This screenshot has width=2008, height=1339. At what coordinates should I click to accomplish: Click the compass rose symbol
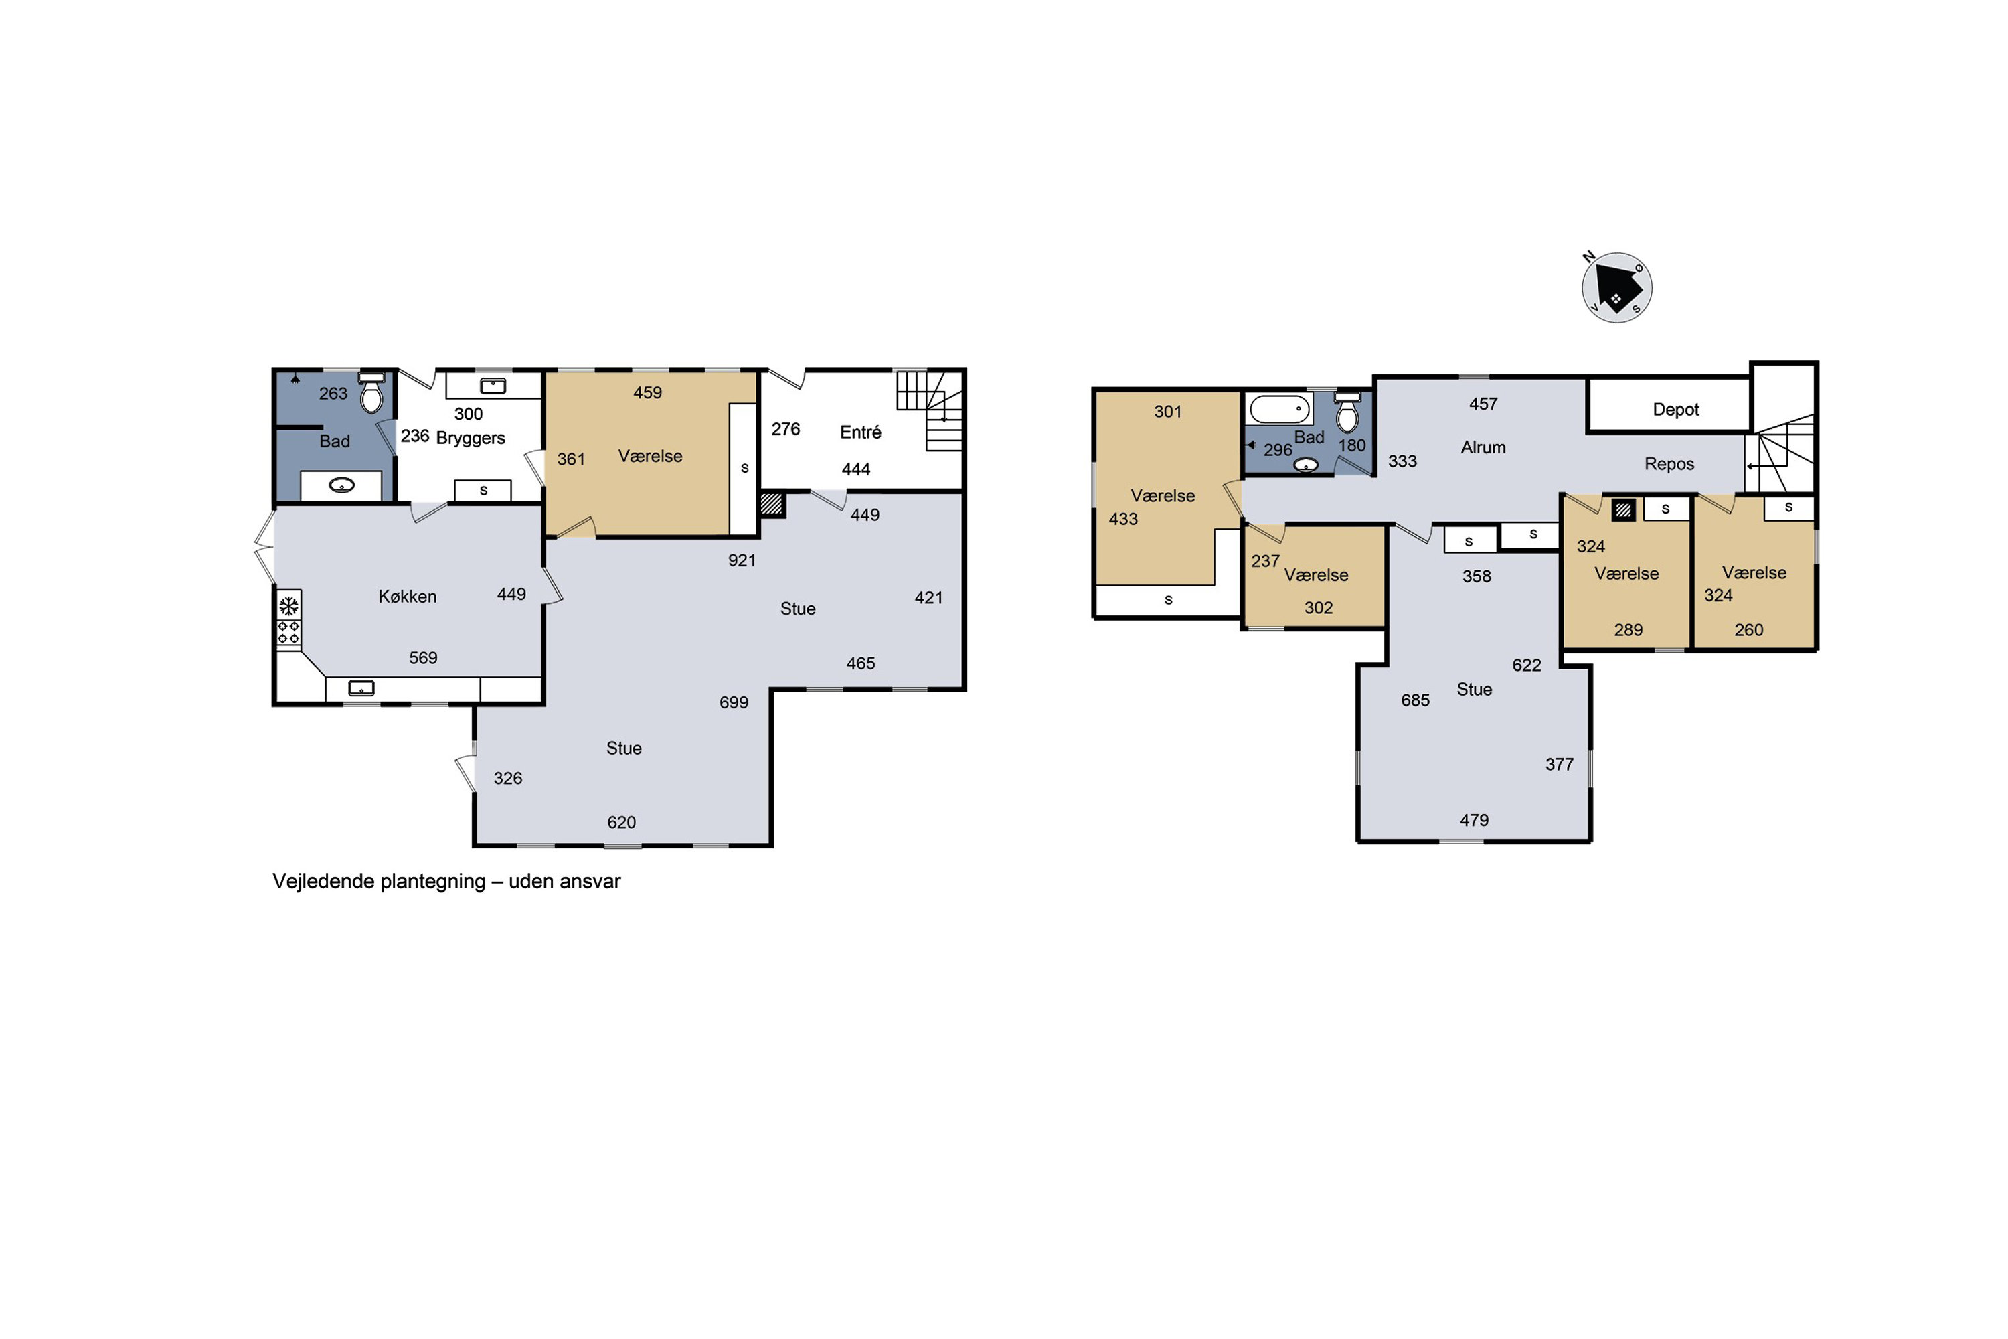(x=1616, y=288)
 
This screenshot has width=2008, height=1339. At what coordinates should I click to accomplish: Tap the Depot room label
(x=1675, y=410)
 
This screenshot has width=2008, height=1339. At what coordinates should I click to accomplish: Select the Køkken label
(x=407, y=596)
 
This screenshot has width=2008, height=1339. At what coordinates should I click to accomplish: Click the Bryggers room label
(x=471, y=438)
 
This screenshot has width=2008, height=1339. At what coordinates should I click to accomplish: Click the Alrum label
(x=1483, y=447)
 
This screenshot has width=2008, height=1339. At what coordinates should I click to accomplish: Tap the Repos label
(x=1669, y=464)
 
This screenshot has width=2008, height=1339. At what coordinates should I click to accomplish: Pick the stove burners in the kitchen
(x=288, y=633)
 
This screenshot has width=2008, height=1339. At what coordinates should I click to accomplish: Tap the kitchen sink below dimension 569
(x=361, y=688)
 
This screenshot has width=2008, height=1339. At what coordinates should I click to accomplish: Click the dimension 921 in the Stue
(x=742, y=561)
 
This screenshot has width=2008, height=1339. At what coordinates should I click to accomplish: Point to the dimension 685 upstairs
(x=1415, y=700)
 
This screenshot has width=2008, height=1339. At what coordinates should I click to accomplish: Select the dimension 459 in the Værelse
(x=647, y=393)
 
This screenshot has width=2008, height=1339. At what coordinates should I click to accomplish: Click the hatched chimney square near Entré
(x=771, y=504)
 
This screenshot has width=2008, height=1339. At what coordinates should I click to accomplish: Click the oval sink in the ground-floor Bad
(x=341, y=486)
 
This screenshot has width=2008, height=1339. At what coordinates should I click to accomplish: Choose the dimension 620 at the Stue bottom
(x=622, y=822)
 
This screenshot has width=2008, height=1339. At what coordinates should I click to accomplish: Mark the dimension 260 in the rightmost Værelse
(x=1748, y=630)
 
